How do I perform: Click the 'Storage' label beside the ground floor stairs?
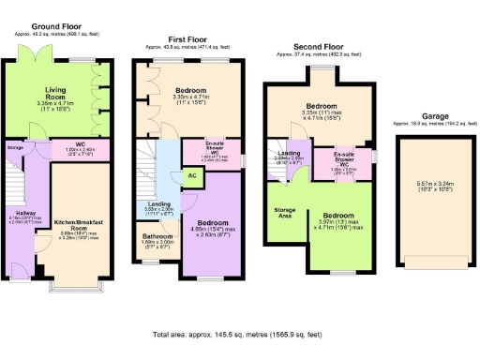pyautogui.click(x=14, y=147)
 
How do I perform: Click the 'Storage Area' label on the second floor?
pyautogui.click(x=284, y=212)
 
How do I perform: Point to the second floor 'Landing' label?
pyautogui.click(x=289, y=154)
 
